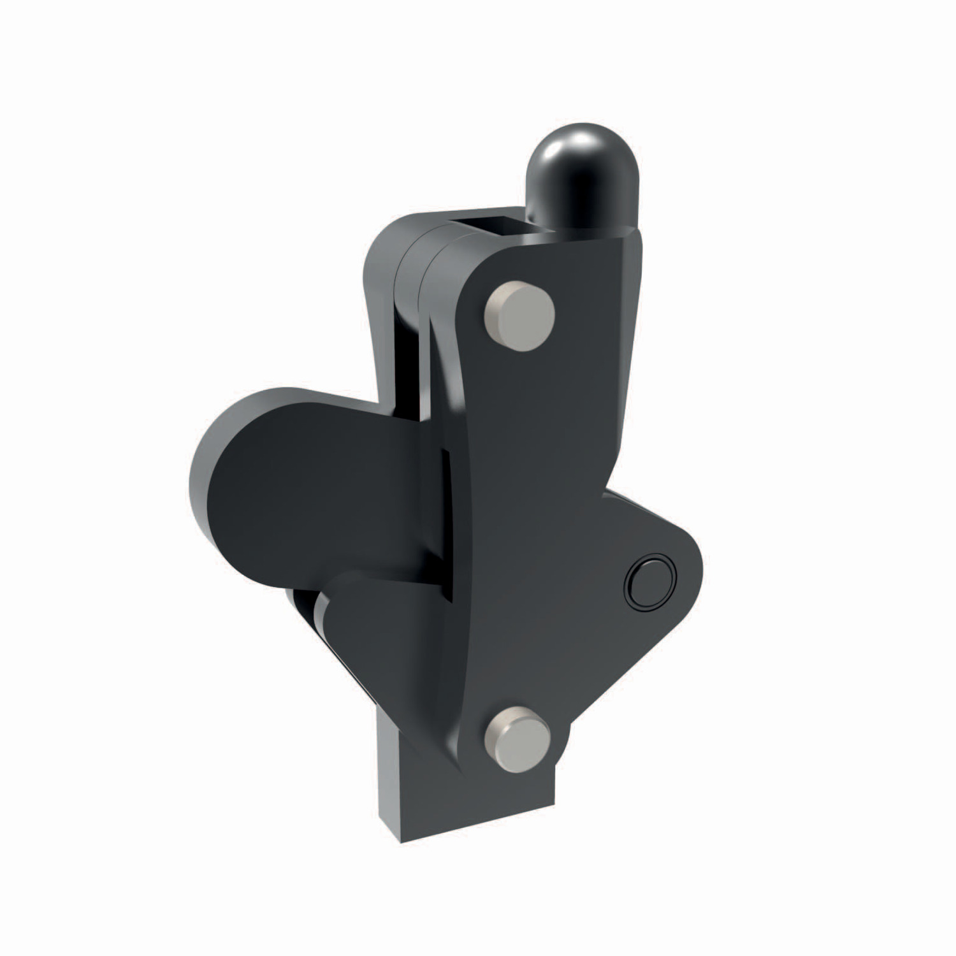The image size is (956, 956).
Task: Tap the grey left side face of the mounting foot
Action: pos(390,797)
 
